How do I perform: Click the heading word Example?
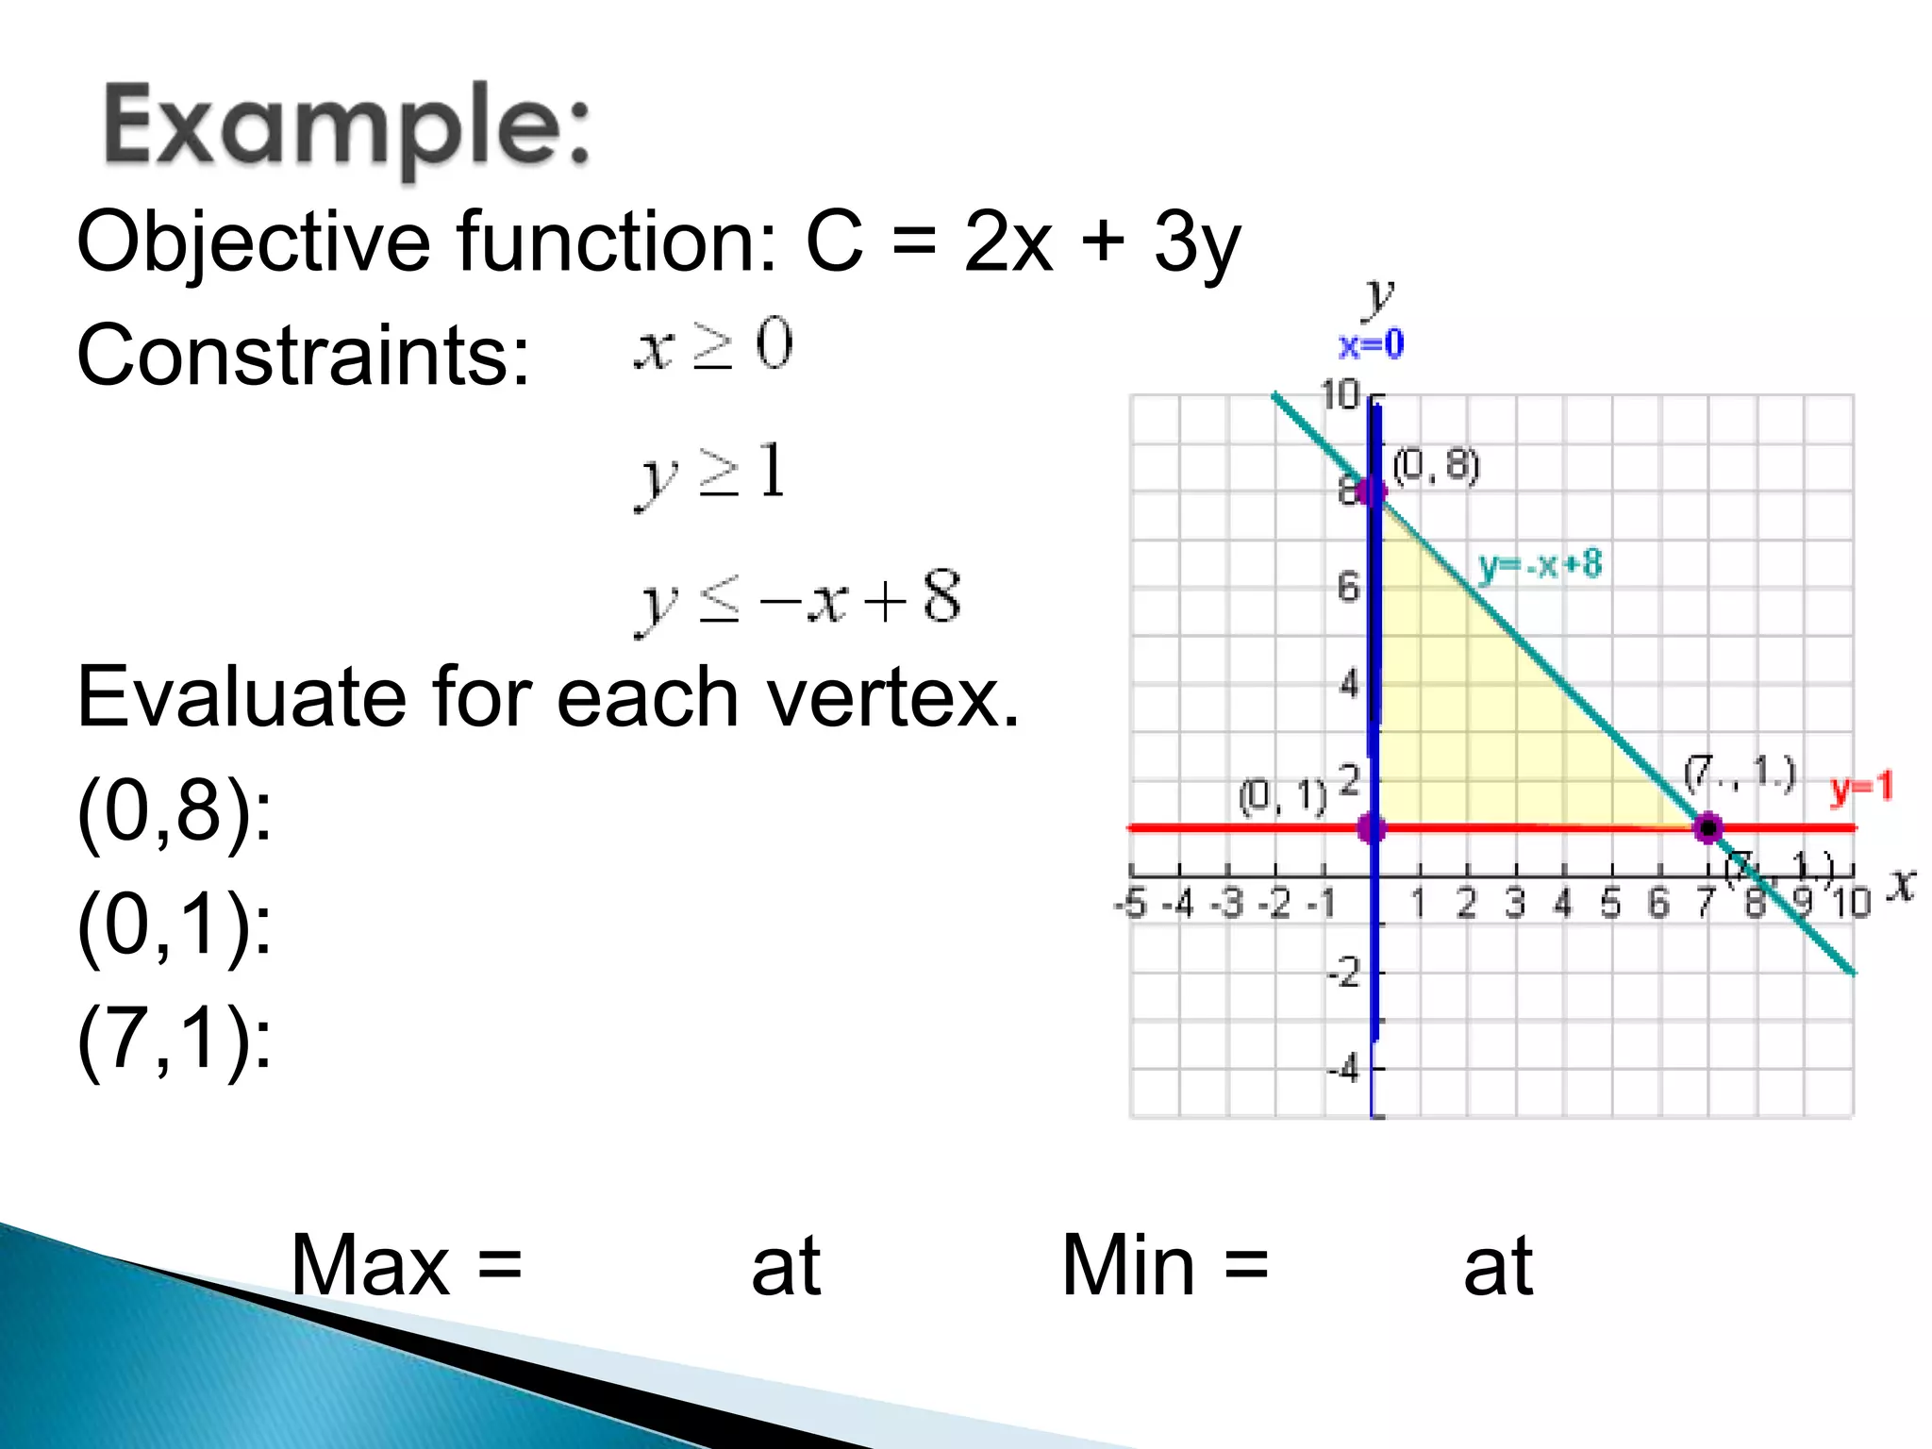pos(347,127)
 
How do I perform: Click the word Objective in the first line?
pos(253,241)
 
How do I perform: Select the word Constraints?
pos(303,356)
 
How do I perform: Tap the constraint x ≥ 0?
pos(713,346)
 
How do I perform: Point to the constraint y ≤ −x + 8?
pos(798,600)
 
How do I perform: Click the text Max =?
pos(406,1265)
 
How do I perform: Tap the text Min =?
pos(1164,1265)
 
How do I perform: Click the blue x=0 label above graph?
pos(1371,345)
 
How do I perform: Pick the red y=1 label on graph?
pos(1861,788)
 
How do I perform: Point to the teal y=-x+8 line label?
pos(1540,565)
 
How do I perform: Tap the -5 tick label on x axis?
pos(1130,905)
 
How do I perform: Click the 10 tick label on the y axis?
pos(1340,395)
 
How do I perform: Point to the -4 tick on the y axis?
pos(1343,1070)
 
